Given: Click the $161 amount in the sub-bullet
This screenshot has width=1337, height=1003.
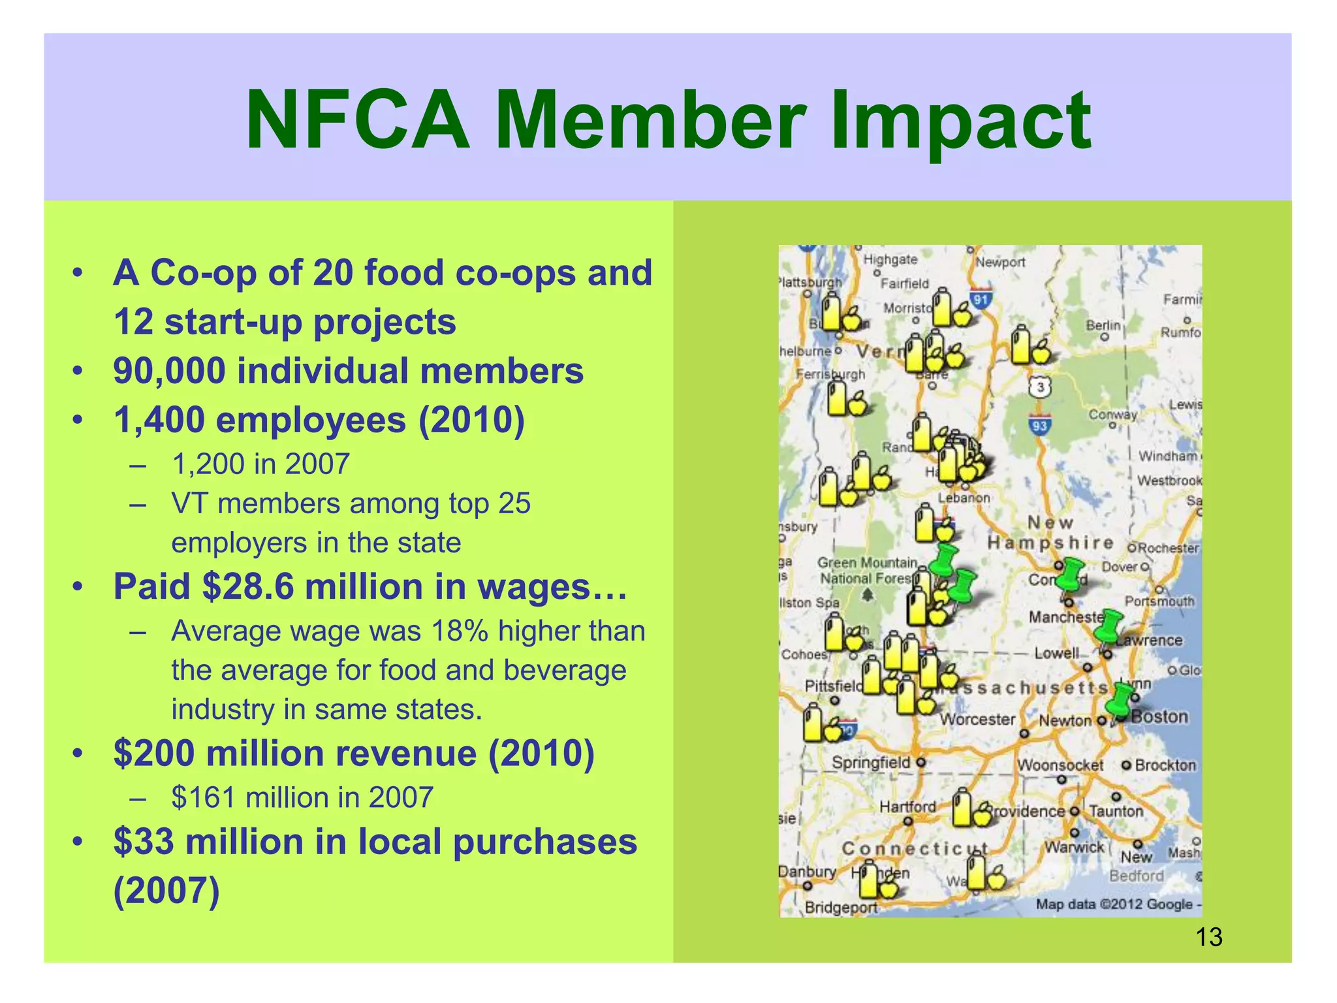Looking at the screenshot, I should click(x=202, y=797).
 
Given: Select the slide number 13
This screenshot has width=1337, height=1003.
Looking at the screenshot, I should click(x=1208, y=937).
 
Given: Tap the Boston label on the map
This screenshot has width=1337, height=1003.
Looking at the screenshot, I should click(x=1159, y=716).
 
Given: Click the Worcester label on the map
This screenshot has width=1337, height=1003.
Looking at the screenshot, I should click(x=977, y=719).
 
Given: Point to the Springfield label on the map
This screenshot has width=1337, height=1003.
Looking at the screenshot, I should click(x=871, y=762).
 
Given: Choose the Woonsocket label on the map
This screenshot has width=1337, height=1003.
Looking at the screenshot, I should click(x=1060, y=765).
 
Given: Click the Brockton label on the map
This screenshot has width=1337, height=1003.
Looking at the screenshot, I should click(x=1165, y=765).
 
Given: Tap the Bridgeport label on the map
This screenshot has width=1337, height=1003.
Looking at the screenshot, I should click(x=841, y=907).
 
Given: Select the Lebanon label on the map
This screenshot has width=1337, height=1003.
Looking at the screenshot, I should click(x=964, y=498).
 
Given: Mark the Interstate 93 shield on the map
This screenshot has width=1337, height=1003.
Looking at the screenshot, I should click(x=1039, y=426).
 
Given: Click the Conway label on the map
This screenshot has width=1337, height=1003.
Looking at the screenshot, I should click(x=1112, y=415).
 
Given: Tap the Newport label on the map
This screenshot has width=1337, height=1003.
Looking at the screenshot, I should click(x=1000, y=263).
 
